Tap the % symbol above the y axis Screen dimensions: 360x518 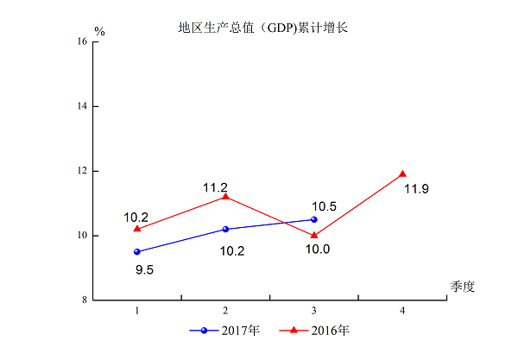pos(99,31)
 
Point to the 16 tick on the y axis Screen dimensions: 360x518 pos(83,41)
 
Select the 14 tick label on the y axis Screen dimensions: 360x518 pos(83,106)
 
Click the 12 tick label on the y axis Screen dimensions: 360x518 pos(83,171)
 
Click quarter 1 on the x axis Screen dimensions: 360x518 pos(137,310)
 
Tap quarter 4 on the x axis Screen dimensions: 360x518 pos(402,310)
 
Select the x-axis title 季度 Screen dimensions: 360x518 pos(462,285)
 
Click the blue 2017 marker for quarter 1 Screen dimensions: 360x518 pos(137,252)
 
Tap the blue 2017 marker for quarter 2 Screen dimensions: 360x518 pos(225,229)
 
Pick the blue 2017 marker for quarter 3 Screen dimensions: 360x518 pos(314,219)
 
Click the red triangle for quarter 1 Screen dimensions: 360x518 pos(137,228)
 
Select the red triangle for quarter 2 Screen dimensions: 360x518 pos(225,196)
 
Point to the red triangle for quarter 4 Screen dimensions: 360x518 pos(402,174)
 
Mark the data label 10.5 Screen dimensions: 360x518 pos(324,206)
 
